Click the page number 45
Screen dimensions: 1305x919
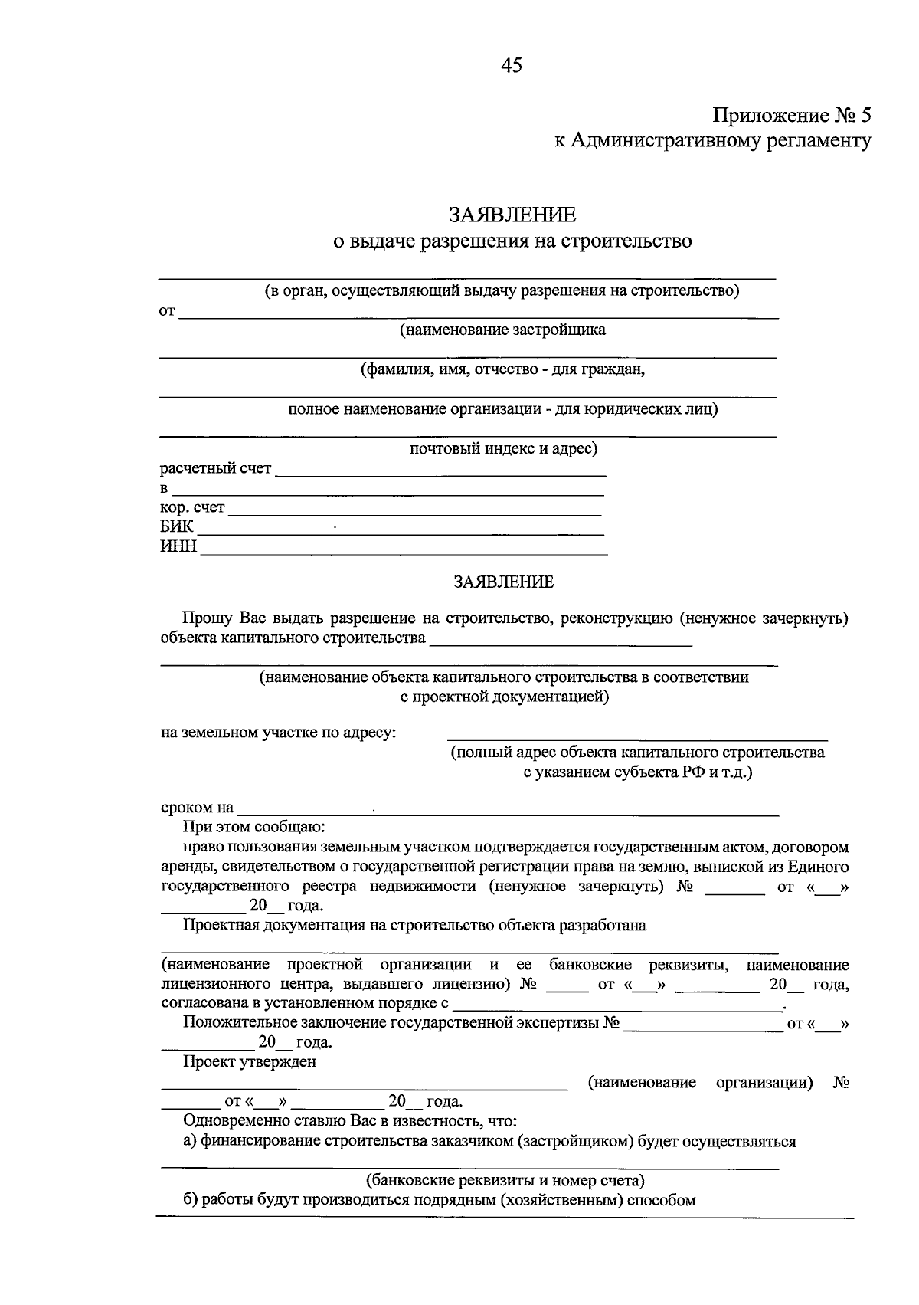511,66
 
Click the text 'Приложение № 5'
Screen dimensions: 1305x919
792,116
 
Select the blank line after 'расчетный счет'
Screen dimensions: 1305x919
440,474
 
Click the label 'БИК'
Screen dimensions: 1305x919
176,526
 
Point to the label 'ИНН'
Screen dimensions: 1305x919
178,546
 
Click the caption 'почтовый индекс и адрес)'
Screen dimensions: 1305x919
503,448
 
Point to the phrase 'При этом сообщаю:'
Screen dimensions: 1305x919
253,828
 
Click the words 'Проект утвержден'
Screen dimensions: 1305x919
249,1062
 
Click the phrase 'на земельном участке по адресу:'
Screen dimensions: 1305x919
279,733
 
